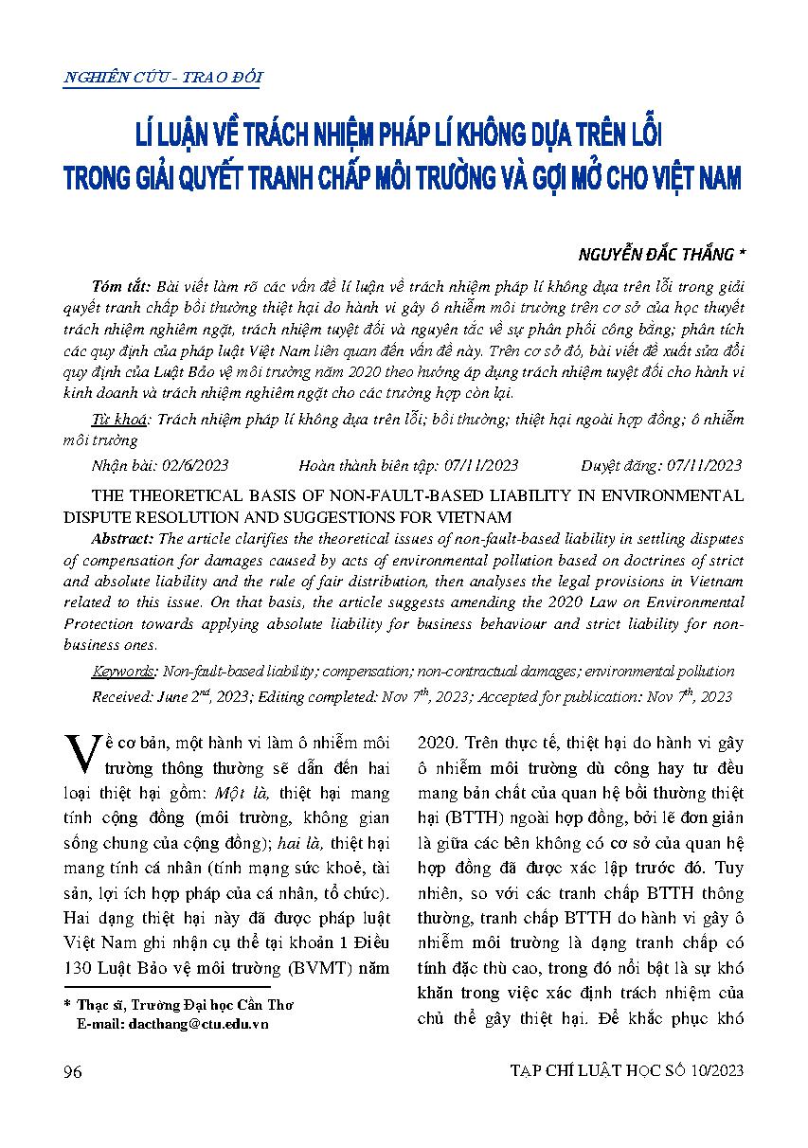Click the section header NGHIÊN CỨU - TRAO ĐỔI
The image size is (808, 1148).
click(162, 79)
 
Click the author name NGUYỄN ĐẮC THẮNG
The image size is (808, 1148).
click(655, 255)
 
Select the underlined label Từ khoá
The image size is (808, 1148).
click(120, 420)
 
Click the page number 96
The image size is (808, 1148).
click(72, 1070)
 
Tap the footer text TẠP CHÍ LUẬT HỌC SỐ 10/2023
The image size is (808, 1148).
click(626, 1070)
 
